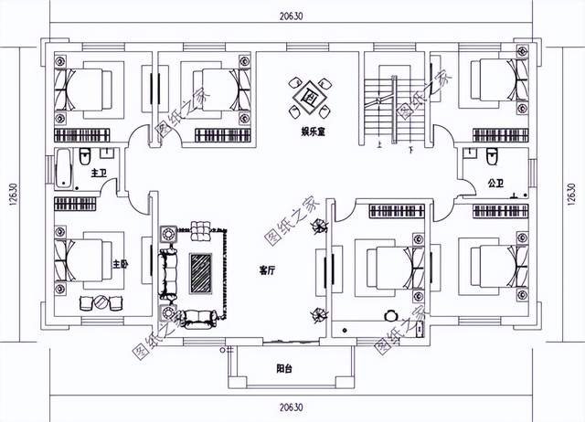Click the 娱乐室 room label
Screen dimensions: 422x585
click(x=314, y=132)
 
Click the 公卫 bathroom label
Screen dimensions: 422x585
click(x=495, y=183)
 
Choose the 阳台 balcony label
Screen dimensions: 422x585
click(x=285, y=369)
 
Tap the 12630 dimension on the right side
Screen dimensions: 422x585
click(x=572, y=193)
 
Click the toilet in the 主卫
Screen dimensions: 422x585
click(x=83, y=155)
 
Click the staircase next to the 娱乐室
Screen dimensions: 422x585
click(x=383, y=100)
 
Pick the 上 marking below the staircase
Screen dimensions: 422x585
click(x=378, y=144)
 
